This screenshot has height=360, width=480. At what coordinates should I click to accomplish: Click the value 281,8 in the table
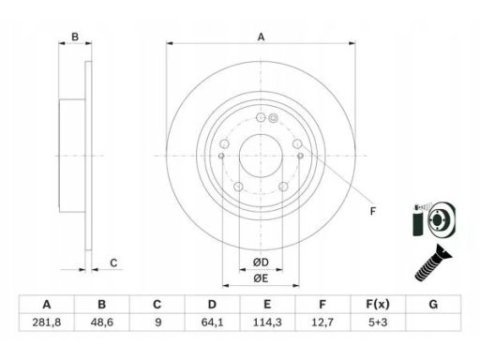pos(47,322)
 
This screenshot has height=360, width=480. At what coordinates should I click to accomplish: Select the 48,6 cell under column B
pos(101,322)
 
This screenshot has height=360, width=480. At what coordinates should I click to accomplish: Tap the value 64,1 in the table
pos(212,322)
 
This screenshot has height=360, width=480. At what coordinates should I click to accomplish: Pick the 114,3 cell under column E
pos(267,322)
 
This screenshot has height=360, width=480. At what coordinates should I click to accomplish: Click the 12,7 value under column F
pos(322,322)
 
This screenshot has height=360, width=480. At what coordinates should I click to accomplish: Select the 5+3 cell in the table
pos(378,322)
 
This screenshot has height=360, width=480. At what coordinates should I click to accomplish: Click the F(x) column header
pos(378,304)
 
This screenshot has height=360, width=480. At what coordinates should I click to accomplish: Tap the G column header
pos(433,304)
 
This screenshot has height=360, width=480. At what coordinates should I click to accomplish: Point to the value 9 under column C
pos(157,322)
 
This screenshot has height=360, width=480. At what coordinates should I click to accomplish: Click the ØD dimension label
pos(261,262)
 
